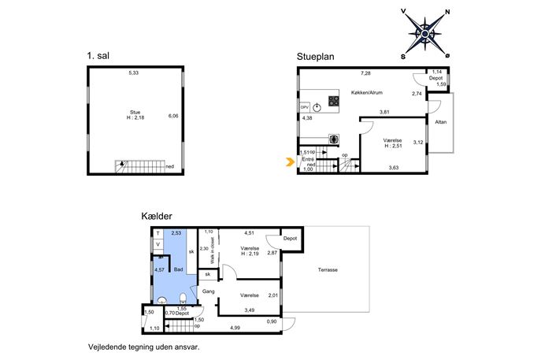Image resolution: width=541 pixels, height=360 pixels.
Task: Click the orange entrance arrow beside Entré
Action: tap(290, 161)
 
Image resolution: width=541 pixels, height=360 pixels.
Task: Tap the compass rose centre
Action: tap(425, 34)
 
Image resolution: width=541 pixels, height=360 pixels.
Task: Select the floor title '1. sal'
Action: tap(98, 56)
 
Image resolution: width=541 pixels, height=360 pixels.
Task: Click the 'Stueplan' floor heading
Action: tap(315, 57)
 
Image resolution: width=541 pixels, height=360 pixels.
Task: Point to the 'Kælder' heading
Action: tap(157, 217)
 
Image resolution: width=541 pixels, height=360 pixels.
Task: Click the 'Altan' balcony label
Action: tap(441, 122)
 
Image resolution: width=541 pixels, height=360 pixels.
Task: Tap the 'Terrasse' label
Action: tap(328, 269)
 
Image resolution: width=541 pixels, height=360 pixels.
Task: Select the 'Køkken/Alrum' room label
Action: tap(367, 92)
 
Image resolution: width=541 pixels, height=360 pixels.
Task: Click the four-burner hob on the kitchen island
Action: tap(334, 101)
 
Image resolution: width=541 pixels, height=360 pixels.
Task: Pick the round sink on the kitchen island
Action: tap(317, 107)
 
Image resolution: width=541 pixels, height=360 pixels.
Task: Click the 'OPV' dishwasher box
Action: tap(304, 107)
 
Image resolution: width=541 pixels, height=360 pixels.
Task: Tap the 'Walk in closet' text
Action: tap(212, 251)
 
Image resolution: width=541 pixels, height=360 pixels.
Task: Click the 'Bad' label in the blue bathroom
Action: tap(179, 269)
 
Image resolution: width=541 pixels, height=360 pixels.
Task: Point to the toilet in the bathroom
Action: tap(183, 299)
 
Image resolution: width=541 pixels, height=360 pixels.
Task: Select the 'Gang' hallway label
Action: tap(209, 291)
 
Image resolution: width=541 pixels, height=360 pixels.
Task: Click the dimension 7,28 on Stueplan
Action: tap(365, 73)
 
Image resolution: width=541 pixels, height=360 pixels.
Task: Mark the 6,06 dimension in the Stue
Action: tap(173, 116)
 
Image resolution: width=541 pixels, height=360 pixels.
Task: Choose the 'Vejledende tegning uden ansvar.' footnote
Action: tap(144, 347)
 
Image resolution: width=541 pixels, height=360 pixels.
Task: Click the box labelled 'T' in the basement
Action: tap(158, 234)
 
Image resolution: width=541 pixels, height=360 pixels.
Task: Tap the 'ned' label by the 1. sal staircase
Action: tap(170, 166)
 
